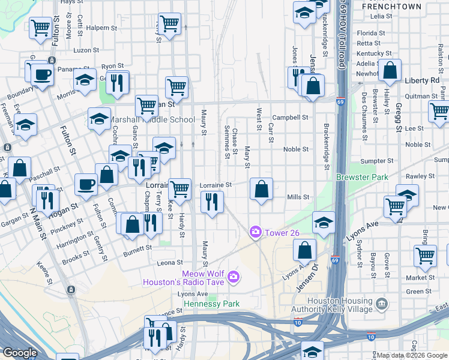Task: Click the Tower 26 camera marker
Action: (256, 231)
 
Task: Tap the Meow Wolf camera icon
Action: (234, 277)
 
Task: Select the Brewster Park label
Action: (362, 178)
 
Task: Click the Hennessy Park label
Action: (211, 304)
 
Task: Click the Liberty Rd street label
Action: (423, 80)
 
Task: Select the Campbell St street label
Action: (290, 118)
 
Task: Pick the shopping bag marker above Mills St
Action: (261, 190)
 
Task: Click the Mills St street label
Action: (298, 197)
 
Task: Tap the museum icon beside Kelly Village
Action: (381, 305)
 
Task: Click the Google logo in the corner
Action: (19, 353)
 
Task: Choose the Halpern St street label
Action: (101, 28)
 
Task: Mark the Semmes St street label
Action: (227, 142)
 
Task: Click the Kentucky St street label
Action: (370, 53)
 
